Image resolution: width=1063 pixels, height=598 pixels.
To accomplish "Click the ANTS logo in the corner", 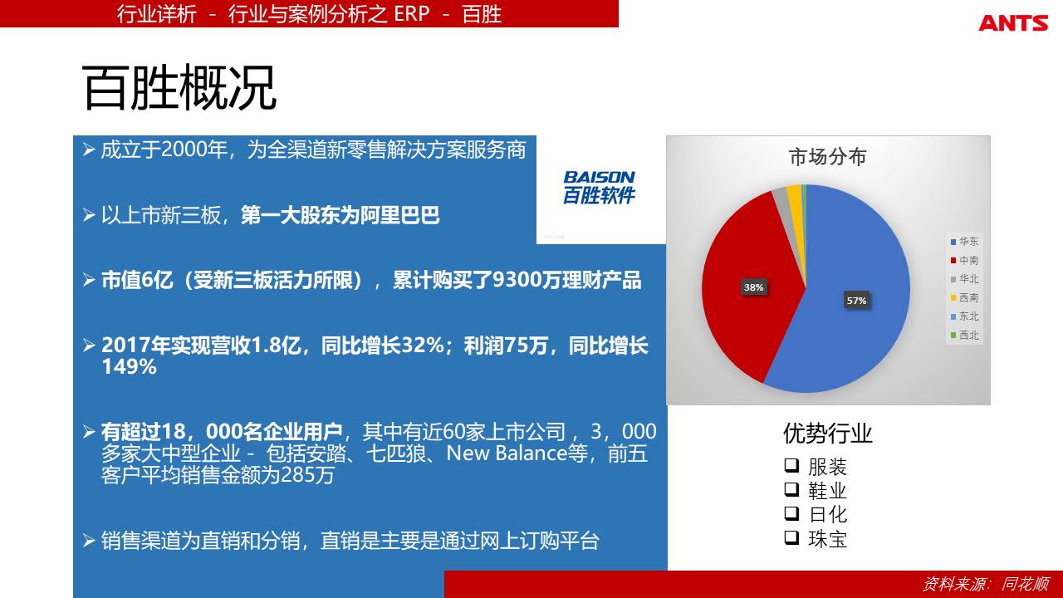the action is pyautogui.click(x=1012, y=22).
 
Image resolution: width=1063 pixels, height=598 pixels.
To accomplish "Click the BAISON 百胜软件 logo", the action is pyautogui.click(x=600, y=188).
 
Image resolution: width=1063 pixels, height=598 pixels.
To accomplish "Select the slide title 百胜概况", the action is pyautogui.click(x=179, y=88).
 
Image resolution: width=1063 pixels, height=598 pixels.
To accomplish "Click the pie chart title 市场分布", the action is pyautogui.click(x=828, y=157).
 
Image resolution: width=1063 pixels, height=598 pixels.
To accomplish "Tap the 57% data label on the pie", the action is pyautogui.click(x=856, y=301).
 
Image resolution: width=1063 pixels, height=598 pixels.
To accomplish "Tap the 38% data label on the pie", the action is pyautogui.click(x=753, y=287).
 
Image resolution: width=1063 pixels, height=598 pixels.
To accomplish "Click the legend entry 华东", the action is pyautogui.click(x=964, y=242).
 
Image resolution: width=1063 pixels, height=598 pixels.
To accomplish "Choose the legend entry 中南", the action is pyautogui.click(x=964, y=260).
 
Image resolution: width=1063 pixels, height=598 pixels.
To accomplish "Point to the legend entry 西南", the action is pyautogui.click(x=964, y=297).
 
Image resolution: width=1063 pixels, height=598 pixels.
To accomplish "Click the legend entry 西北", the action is pyautogui.click(x=964, y=335).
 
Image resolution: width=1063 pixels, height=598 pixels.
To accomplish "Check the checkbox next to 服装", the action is pyautogui.click(x=791, y=465).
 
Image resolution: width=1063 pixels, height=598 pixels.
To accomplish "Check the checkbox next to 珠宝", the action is pyautogui.click(x=791, y=537).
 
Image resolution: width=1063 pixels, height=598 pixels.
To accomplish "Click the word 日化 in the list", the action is pyautogui.click(x=828, y=514).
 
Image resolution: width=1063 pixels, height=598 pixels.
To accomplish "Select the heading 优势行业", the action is pyautogui.click(x=828, y=434).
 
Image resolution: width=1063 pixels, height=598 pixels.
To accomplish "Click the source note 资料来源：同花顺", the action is pyautogui.click(x=986, y=584).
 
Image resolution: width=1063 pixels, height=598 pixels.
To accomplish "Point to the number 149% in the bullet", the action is pyautogui.click(x=129, y=367).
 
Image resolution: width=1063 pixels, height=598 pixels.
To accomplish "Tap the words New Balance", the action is pyautogui.click(x=507, y=453).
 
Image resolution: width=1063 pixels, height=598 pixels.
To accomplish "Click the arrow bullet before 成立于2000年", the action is pyautogui.click(x=89, y=149).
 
